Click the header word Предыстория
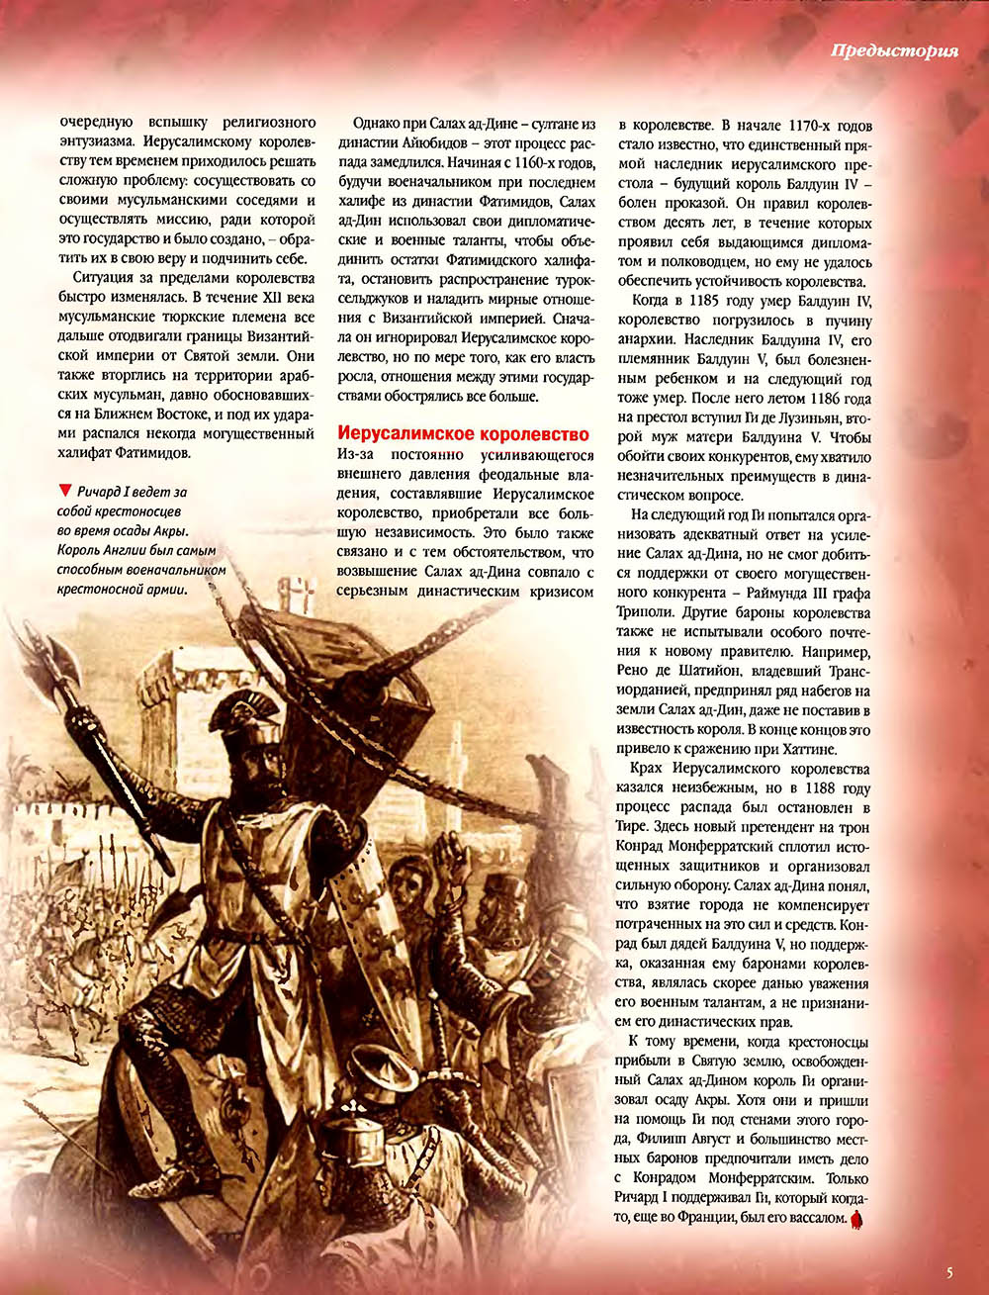(894, 51)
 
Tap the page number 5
(949, 1273)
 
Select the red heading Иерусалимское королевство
(464, 433)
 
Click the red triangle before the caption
(65, 490)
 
